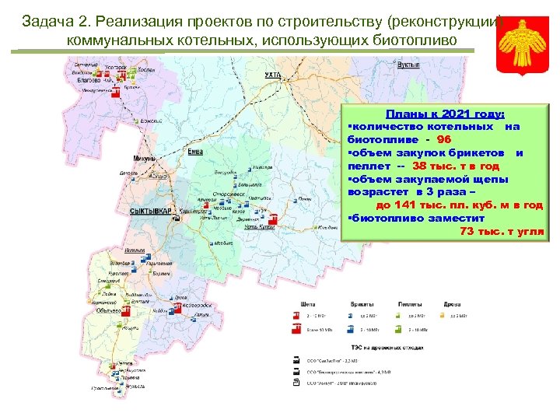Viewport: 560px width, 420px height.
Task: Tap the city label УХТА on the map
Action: pyautogui.click(x=272, y=75)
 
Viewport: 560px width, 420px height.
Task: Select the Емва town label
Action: pyautogui.click(x=196, y=152)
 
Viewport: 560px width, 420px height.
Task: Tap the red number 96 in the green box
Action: pyautogui.click(x=444, y=139)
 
